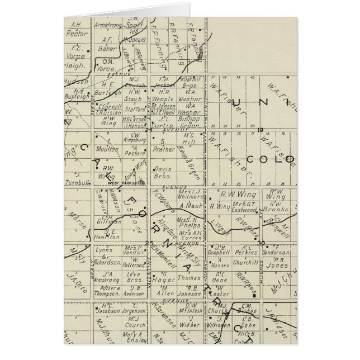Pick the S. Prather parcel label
[163, 147]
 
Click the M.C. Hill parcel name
[190, 139]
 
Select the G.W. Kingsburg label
[131, 138]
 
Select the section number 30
[260, 243]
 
